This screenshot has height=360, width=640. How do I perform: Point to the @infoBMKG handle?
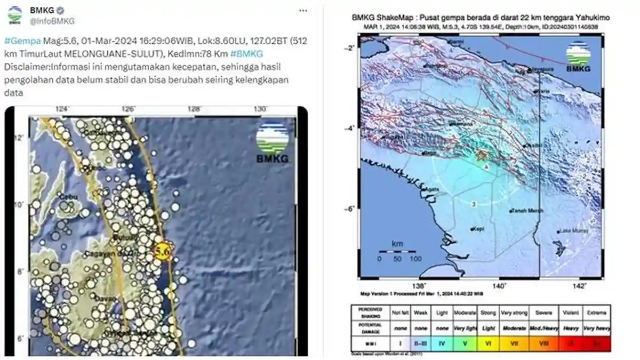tap(52, 21)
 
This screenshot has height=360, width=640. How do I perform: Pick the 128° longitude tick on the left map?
tap(194, 109)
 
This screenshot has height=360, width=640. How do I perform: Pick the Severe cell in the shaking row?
tap(543, 312)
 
